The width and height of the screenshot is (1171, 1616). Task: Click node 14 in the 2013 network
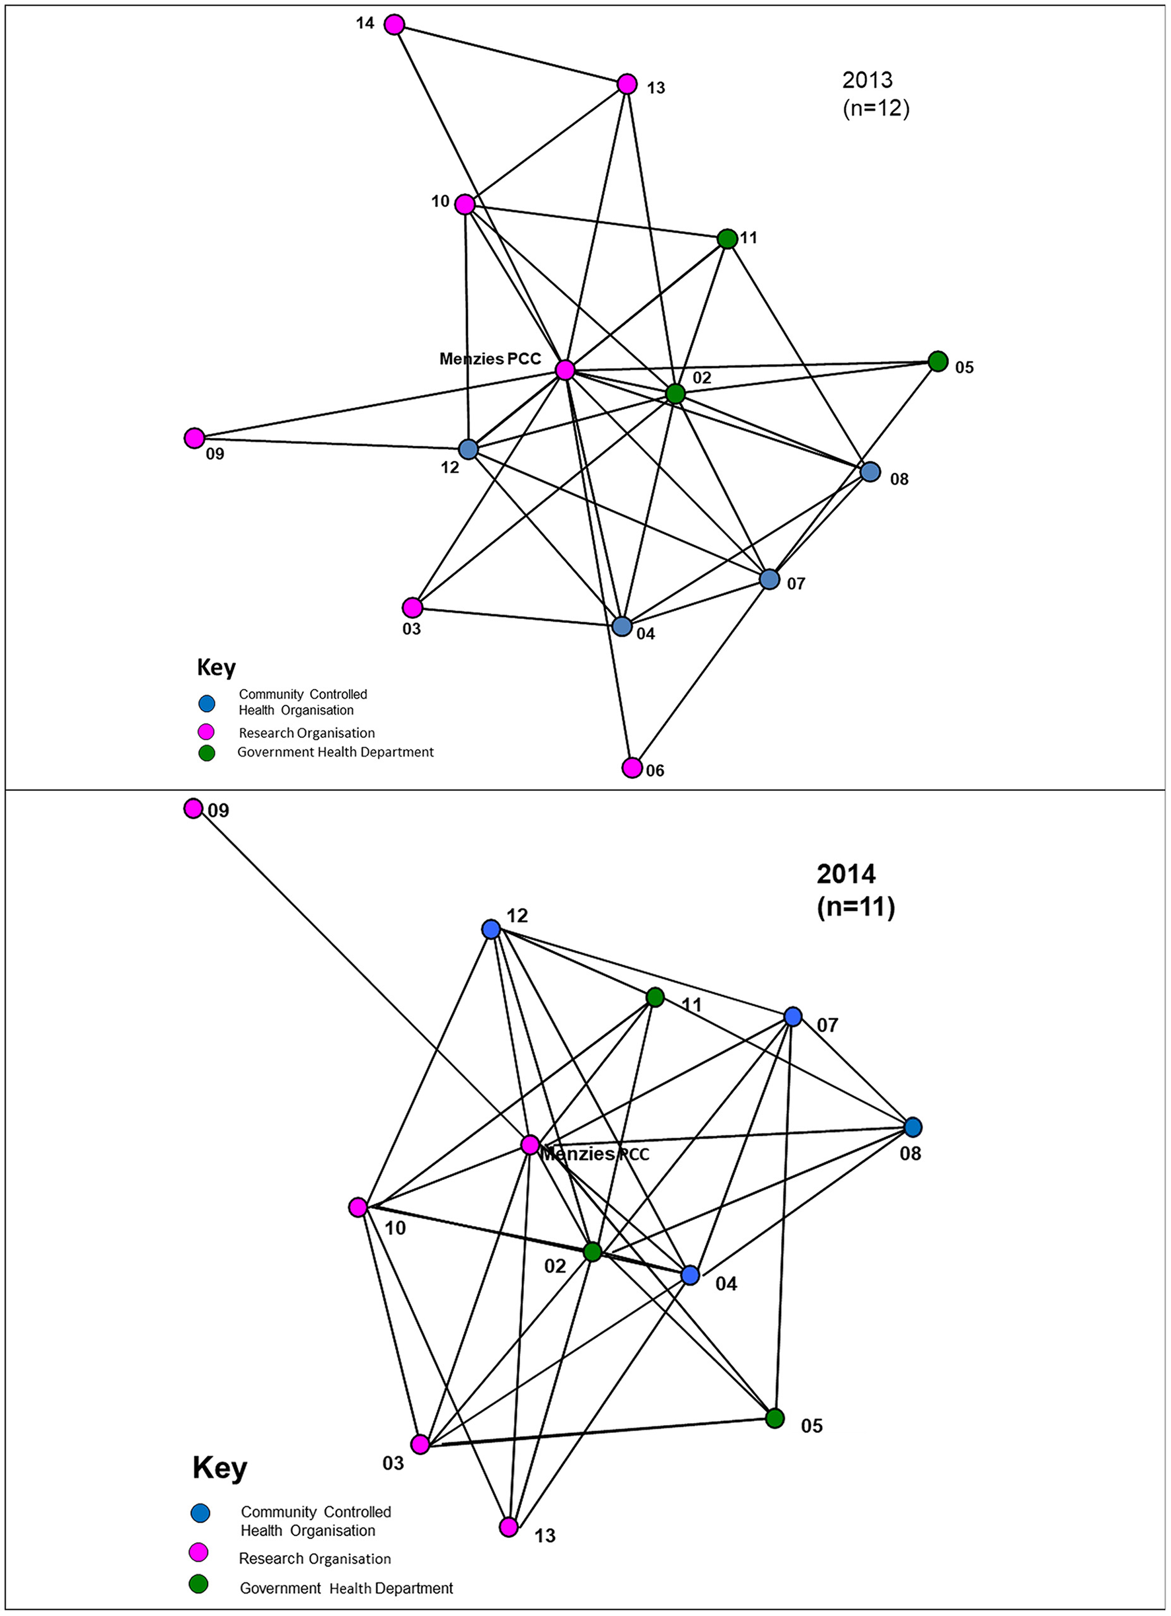point(394,25)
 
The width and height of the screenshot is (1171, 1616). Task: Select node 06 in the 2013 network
point(632,768)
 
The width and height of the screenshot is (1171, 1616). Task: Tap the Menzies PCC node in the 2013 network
point(565,370)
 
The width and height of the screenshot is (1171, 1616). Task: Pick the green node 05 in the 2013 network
point(938,361)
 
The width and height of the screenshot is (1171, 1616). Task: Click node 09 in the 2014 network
point(193,809)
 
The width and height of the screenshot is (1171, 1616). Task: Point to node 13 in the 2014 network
point(509,1527)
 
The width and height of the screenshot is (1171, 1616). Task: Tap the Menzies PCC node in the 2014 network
point(530,1145)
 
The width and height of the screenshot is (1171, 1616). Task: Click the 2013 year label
point(866,80)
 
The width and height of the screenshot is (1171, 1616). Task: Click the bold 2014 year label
point(846,873)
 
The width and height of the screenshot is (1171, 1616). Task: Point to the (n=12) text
point(875,109)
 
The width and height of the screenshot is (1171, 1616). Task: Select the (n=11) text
point(855,907)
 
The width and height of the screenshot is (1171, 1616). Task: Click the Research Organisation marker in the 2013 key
point(207,731)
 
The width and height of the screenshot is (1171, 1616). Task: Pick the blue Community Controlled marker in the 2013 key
point(207,703)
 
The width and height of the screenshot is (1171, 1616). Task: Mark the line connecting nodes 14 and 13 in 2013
point(510,55)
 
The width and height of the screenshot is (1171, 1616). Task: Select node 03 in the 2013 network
point(412,608)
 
